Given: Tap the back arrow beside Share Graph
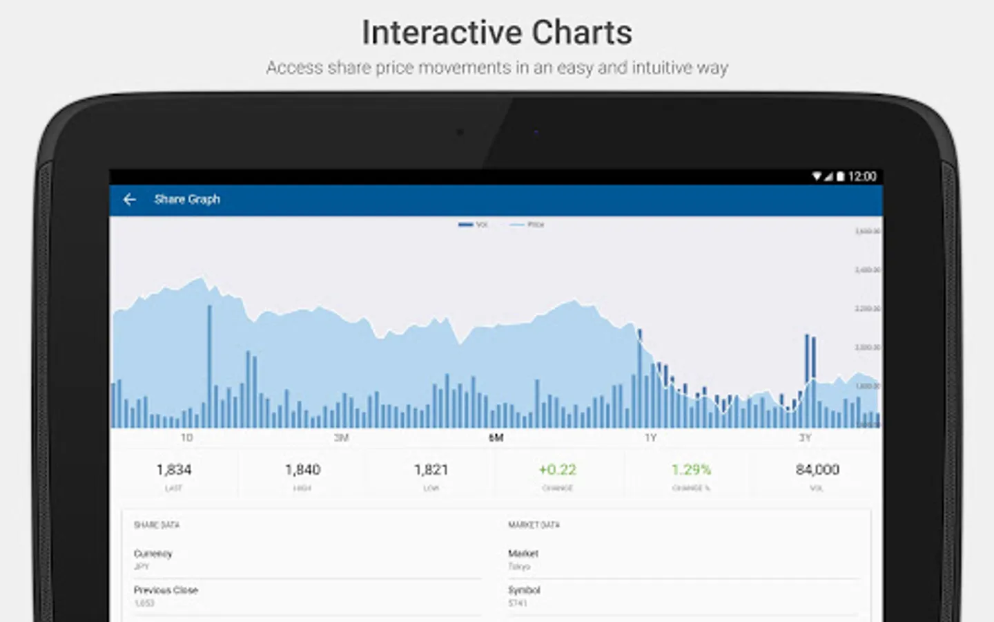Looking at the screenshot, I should click(x=129, y=200).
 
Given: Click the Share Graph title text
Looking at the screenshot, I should click(x=187, y=200).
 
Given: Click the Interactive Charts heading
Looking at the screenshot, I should click(x=497, y=32).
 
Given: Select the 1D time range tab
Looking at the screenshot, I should click(x=186, y=438).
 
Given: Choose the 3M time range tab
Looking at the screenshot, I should click(x=341, y=438).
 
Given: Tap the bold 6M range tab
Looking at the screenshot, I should click(x=496, y=438).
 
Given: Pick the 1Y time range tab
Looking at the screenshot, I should click(x=650, y=438).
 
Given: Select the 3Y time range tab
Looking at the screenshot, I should click(x=805, y=438).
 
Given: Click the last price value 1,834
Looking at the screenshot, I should click(x=174, y=470).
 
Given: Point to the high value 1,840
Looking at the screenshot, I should click(x=302, y=470).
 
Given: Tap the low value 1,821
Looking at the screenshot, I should click(x=431, y=470).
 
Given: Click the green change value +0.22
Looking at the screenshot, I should click(x=557, y=470).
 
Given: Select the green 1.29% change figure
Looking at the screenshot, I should click(x=691, y=470).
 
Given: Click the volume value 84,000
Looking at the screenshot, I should click(x=817, y=470).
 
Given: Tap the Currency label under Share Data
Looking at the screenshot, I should click(x=153, y=554).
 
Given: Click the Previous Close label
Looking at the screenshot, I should click(x=166, y=590).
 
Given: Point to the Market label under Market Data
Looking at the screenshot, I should click(x=523, y=554).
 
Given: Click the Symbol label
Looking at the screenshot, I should click(x=524, y=590).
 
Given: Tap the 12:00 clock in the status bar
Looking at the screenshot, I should click(x=862, y=177).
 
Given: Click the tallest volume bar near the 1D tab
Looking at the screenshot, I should click(x=210, y=366).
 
